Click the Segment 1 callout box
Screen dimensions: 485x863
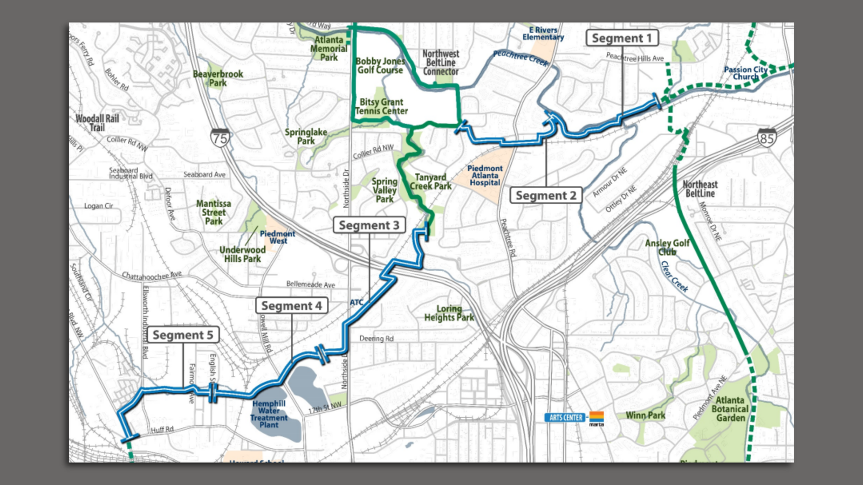(622, 38)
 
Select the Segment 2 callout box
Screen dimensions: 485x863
(546, 196)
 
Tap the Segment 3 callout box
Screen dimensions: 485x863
(369, 225)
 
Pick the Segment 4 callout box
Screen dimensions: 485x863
(291, 306)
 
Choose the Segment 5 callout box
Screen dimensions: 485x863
(183, 335)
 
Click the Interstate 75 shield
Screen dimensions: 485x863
(220, 138)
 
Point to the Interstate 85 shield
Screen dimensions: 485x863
(766, 138)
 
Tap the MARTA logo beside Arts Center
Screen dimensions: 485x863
(596, 418)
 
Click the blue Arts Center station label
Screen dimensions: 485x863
(565, 418)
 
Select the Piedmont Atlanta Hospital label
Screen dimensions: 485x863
(485, 176)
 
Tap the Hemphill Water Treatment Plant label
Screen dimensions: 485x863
(269, 414)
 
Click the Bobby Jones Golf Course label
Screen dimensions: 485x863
(380, 66)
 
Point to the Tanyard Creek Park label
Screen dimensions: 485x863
(430, 182)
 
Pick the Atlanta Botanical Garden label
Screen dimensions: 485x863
(730, 409)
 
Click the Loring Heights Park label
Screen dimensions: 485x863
(449, 313)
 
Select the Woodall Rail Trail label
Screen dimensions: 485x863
(97, 123)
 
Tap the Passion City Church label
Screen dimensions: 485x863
(745, 73)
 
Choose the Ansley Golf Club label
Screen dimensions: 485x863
(667, 247)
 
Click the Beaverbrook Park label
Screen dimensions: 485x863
(218, 78)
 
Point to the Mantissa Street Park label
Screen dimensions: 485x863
(214, 212)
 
